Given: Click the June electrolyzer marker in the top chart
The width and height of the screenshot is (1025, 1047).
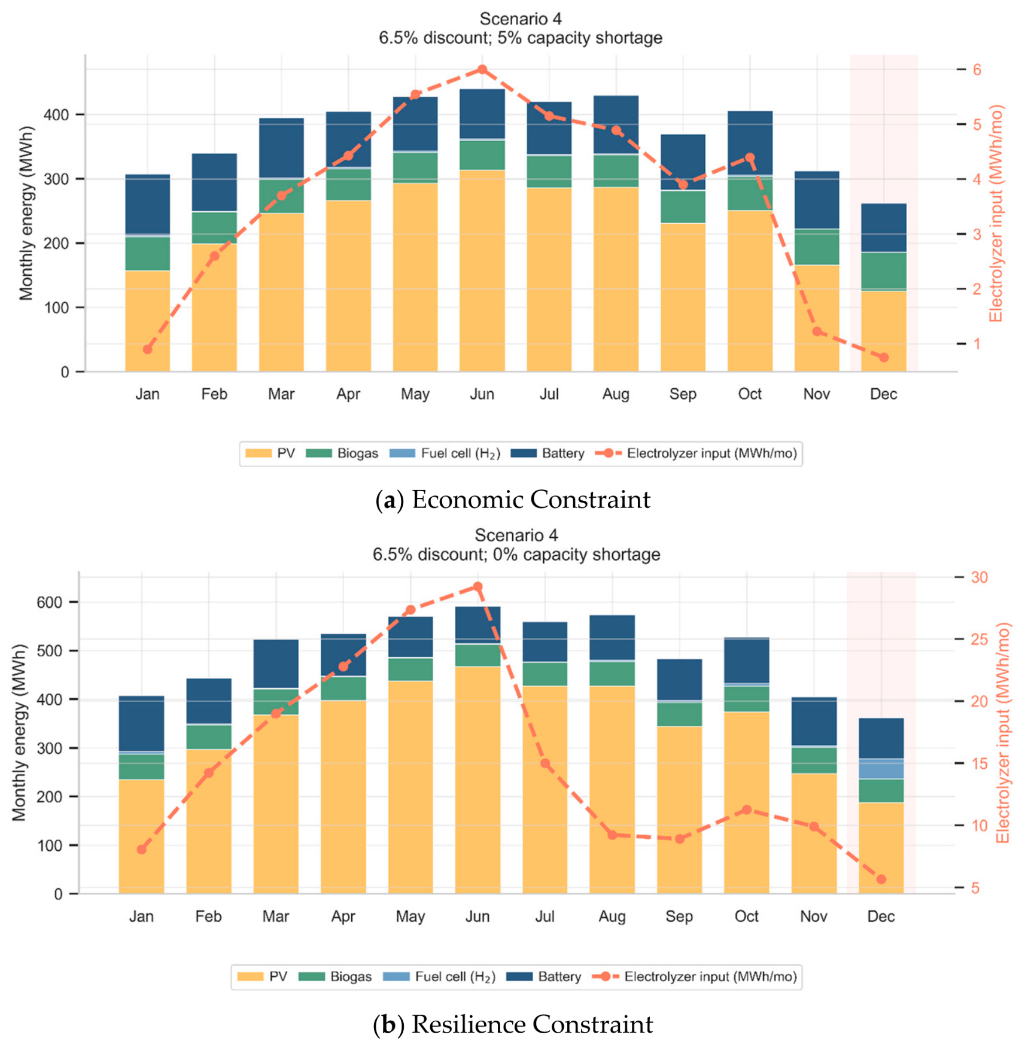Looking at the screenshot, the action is (482, 69).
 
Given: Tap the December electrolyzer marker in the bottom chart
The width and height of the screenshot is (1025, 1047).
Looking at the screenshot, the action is (881, 879).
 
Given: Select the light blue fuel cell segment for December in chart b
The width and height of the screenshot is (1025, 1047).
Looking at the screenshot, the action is (881, 769).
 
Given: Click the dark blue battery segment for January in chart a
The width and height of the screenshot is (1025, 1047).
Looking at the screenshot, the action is (148, 204).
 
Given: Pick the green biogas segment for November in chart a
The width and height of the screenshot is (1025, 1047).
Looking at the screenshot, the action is (817, 247).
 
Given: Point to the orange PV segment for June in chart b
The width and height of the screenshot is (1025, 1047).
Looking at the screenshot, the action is (477, 780).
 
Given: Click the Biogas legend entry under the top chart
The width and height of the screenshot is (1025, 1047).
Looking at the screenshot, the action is (342, 454).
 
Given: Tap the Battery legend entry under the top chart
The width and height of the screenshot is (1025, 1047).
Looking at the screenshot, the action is (548, 454).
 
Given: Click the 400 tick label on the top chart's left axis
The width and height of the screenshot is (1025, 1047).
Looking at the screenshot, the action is (56, 115).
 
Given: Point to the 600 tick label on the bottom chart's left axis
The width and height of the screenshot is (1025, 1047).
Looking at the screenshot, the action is (49, 602).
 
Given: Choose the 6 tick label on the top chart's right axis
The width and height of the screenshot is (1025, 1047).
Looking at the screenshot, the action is (977, 70).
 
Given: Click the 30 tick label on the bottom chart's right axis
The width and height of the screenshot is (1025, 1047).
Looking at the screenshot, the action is (980, 577).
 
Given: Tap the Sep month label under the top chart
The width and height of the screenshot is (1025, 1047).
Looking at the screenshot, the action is (683, 394).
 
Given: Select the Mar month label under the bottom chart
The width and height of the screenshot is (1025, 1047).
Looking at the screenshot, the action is (276, 917).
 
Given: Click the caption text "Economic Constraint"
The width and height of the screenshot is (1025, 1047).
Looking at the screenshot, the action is (531, 500).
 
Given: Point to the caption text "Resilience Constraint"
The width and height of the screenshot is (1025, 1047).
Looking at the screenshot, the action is (532, 1024).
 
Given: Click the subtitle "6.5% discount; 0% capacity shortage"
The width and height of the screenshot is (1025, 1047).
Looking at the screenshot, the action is (516, 555).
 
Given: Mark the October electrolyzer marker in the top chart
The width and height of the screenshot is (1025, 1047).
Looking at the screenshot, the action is (750, 158).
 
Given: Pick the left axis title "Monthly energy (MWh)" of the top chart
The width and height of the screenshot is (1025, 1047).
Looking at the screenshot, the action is (26, 213).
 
